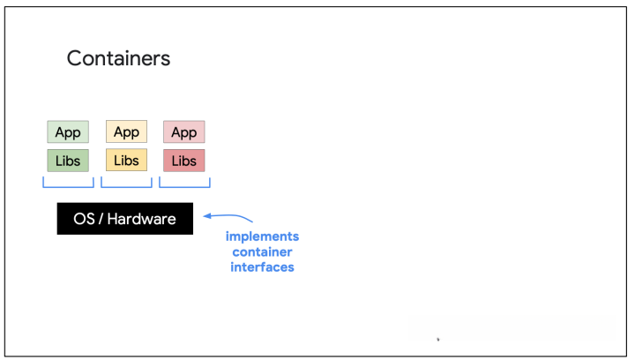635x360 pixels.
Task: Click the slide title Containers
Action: (118, 58)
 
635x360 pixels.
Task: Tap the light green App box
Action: (68, 131)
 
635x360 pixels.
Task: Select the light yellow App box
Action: (126, 131)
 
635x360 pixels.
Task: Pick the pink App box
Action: (183, 131)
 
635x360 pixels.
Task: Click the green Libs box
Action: (68, 161)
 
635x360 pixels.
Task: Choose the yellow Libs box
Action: (126, 160)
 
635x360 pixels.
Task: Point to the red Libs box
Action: (183, 161)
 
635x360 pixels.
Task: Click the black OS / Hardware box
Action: (125, 219)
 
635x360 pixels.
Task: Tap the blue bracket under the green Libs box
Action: (68, 187)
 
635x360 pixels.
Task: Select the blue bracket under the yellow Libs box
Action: (126, 187)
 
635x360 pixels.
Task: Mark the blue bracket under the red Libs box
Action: (184, 187)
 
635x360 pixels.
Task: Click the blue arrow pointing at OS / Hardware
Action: (228, 215)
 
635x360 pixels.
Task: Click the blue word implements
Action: (263, 236)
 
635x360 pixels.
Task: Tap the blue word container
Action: (263, 251)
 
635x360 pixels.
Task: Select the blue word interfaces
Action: (263, 267)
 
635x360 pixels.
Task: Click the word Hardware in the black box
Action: (142, 219)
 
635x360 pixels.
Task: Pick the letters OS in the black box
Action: (84, 219)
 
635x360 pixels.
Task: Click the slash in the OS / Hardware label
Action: (101, 219)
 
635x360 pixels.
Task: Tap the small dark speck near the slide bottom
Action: (438, 340)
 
